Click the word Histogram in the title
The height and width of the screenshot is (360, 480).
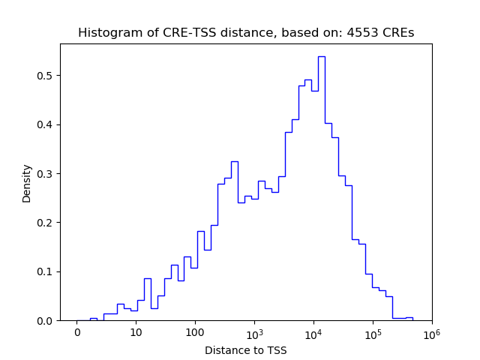click(x=106, y=33)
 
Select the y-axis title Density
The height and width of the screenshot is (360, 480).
click(x=27, y=183)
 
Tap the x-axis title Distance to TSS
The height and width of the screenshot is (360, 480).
click(x=246, y=350)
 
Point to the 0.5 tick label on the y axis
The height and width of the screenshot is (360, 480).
click(x=46, y=76)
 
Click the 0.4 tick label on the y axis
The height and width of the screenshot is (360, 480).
click(x=46, y=124)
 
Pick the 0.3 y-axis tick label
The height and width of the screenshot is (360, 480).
click(x=46, y=174)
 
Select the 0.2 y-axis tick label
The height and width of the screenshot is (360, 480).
click(x=46, y=223)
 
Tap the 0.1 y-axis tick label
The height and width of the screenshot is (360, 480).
click(x=46, y=271)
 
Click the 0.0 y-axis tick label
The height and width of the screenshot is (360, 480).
click(x=46, y=321)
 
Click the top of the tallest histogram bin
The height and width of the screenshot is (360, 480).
click(x=321, y=56)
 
